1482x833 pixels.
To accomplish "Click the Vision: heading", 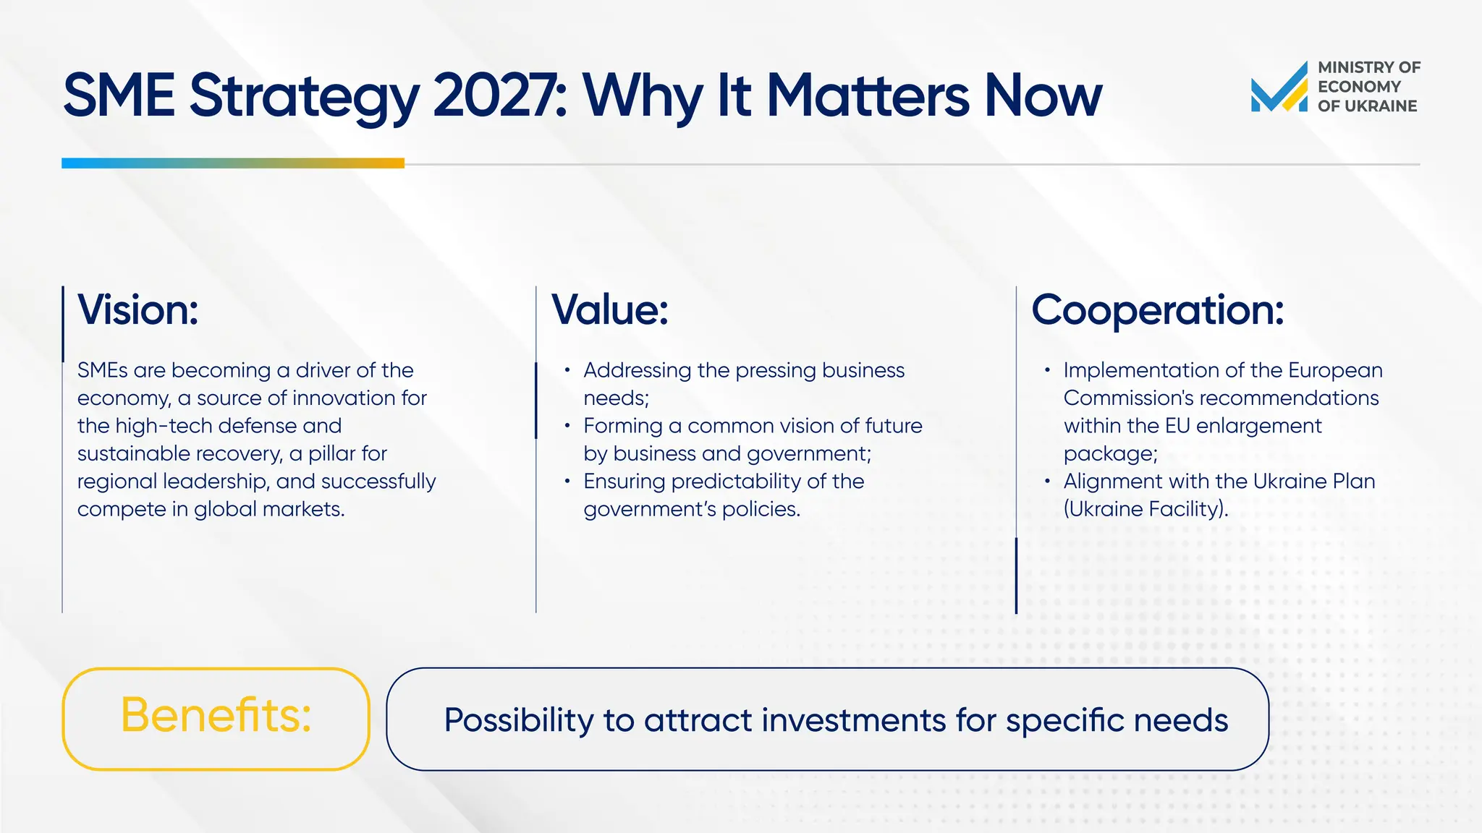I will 138,310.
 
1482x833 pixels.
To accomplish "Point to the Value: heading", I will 610,310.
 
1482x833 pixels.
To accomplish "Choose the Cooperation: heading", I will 1157,310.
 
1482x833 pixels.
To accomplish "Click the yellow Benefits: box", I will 216,718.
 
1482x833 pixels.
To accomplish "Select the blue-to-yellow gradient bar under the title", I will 232,163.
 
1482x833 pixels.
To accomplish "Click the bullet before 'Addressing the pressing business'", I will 567,370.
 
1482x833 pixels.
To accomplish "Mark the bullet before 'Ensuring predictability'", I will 567,481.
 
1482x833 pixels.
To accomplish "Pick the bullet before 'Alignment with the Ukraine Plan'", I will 1047,481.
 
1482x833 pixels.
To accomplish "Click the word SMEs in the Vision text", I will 102,370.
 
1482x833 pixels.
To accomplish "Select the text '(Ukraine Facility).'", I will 1146,509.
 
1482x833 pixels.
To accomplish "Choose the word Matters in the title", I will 867,95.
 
